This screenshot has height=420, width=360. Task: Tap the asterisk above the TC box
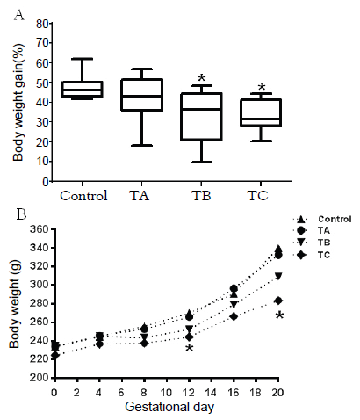260,88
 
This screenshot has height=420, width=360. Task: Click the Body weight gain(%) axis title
18,104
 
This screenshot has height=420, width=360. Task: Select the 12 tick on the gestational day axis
188,389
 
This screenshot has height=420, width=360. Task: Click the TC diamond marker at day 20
278,301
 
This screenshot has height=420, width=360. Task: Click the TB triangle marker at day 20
278,276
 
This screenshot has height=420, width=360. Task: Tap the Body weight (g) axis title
14,301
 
